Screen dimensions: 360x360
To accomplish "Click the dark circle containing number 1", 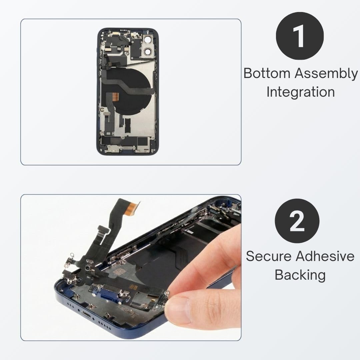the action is [x=300, y=36].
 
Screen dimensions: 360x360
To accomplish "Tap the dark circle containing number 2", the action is [x=297, y=221].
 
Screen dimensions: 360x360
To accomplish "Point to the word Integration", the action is [x=301, y=92].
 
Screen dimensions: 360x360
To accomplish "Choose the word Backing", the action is [x=300, y=275].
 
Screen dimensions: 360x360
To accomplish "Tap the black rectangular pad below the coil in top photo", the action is [x=127, y=125].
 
